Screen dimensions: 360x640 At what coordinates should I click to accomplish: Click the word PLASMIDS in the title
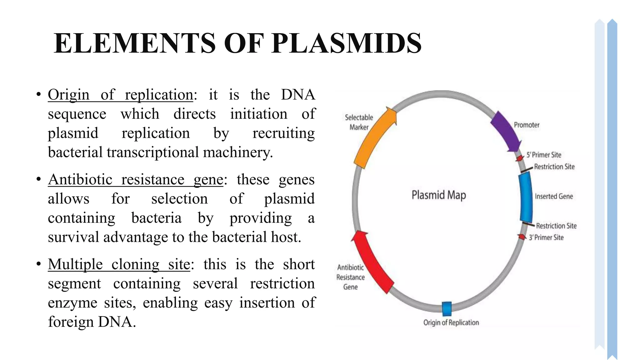(346, 43)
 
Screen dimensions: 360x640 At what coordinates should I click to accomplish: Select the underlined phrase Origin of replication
(120, 95)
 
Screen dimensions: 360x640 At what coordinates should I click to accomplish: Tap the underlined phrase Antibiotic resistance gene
(135, 180)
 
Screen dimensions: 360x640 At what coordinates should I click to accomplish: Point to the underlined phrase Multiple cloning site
(119, 265)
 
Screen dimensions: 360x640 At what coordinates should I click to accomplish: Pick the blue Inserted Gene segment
(526, 197)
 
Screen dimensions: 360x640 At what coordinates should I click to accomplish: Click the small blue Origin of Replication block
(447, 309)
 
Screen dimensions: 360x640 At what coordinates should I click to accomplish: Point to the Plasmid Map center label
(438, 195)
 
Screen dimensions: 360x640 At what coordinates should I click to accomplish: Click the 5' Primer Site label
(544, 155)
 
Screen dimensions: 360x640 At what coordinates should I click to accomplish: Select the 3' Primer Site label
(546, 237)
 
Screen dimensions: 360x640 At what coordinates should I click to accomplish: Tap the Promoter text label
(527, 125)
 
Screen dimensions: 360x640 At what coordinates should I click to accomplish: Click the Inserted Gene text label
(554, 196)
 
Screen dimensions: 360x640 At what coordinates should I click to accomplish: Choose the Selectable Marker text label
(359, 122)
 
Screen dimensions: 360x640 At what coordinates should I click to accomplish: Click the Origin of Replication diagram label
(451, 322)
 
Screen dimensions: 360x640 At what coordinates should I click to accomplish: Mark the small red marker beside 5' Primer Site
(519, 158)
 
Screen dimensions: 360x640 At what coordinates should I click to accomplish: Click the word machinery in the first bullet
(238, 152)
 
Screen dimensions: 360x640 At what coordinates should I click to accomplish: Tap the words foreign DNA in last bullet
(92, 322)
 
